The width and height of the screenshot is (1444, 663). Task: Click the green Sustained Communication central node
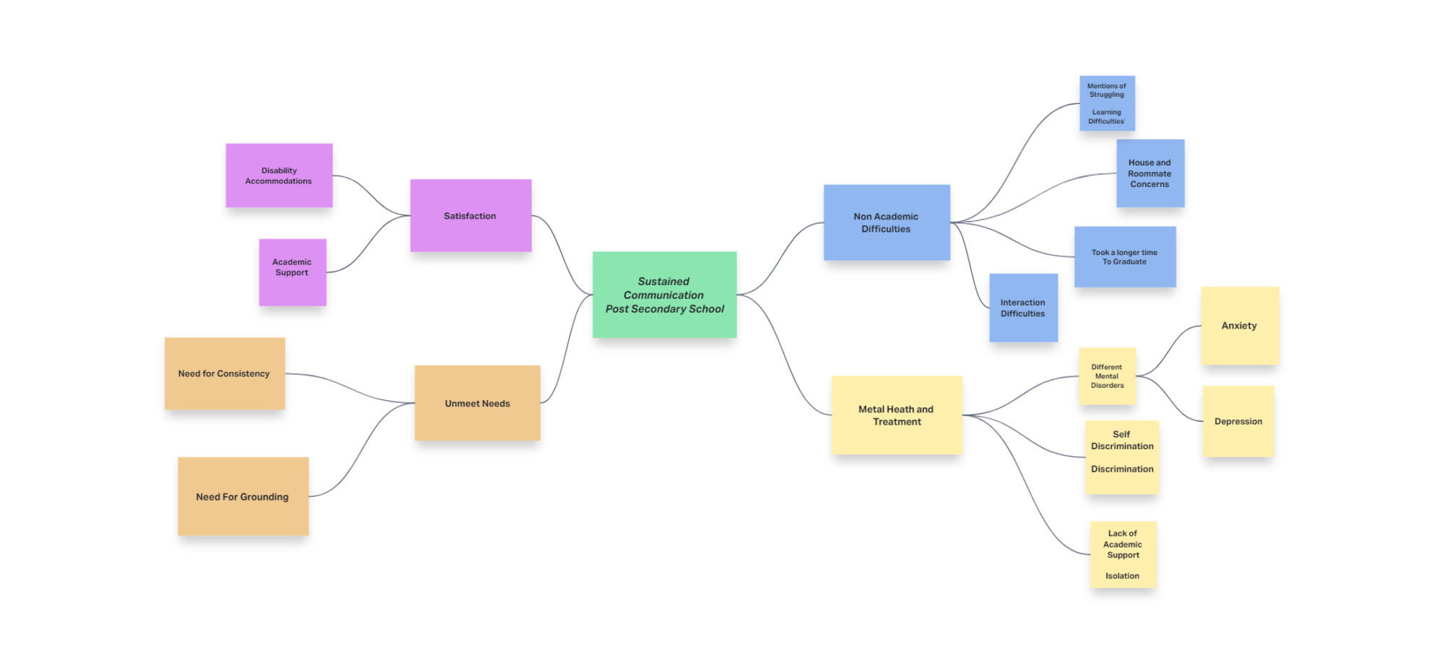pos(664,295)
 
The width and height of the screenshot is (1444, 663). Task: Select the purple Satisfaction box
pos(471,215)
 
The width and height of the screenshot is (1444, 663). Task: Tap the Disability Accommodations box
pos(279,175)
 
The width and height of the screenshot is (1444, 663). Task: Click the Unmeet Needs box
pos(477,403)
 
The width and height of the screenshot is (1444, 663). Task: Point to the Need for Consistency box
pos(225,373)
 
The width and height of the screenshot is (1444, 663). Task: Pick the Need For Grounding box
pos(243,496)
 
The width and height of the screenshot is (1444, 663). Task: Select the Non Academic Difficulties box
pos(887,222)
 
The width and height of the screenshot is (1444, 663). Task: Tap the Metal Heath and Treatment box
pos(896,415)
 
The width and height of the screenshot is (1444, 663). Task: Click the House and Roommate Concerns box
pos(1150,173)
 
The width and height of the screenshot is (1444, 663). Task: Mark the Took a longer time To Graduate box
pos(1125,257)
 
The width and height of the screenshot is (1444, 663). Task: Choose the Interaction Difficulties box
pos(1023,308)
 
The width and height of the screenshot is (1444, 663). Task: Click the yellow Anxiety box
pos(1240,326)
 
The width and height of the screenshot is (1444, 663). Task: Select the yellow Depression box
pos(1238,421)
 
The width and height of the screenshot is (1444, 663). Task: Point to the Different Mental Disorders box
pos(1107,376)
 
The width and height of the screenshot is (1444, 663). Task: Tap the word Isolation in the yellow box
pos(1123,576)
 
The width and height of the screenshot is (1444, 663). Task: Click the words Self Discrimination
pos(1122,441)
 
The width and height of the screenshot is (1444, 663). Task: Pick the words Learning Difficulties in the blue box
pos(1107,117)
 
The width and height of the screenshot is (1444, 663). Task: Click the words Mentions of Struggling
pos(1107,90)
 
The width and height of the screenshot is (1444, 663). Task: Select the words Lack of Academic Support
pos(1123,544)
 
